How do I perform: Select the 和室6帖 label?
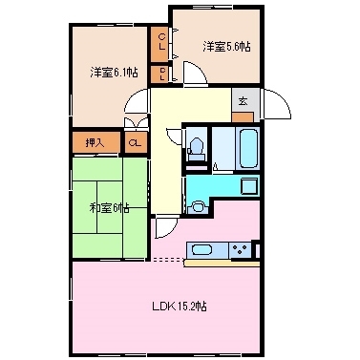pyautogui.click(x=110, y=207)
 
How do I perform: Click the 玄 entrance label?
pyautogui.click(x=243, y=99)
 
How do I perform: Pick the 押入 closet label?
pyautogui.click(x=94, y=143)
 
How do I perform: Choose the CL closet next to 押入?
pyautogui.click(x=135, y=143)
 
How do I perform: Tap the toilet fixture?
pyautogui.click(x=197, y=147)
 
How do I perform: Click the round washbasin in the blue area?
pyautogui.click(x=199, y=205)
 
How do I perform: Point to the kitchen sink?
pyautogui.click(x=202, y=250)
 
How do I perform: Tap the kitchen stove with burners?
pyautogui.click(x=240, y=250)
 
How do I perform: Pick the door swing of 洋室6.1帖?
pyautogui.click(x=137, y=98)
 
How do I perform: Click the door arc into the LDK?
pyautogui.click(x=165, y=227)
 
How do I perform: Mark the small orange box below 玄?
pyautogui.click(x=243, y=116)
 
